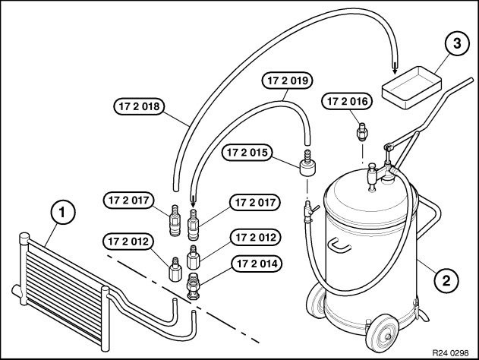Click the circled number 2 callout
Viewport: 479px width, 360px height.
[x=447, y=279]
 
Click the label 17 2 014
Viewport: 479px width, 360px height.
[x=257, y=265]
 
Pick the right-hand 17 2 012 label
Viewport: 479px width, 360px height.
[x=257, y=237]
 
